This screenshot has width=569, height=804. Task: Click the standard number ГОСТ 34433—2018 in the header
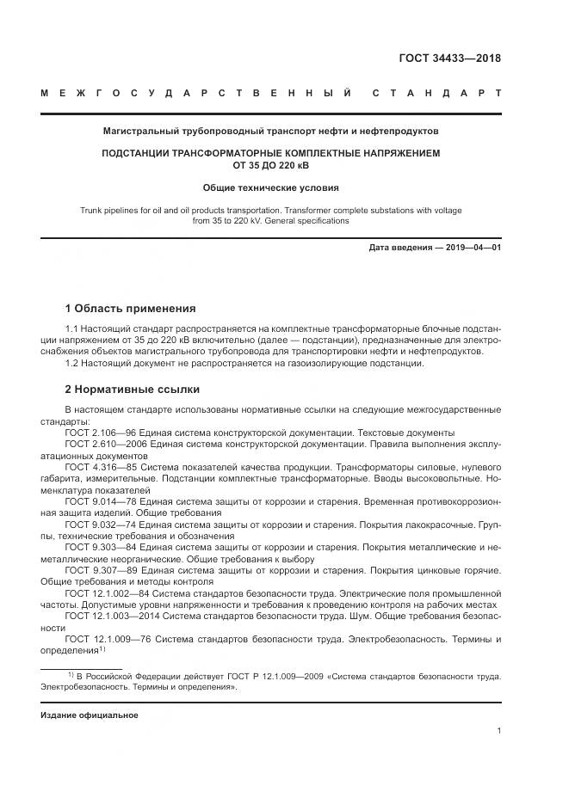449,58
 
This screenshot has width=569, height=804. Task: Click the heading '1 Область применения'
130,309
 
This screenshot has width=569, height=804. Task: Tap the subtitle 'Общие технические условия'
271,187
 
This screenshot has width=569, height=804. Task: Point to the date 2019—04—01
471,249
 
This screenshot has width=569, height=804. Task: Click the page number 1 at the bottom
499,731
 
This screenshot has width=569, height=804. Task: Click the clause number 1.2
72,363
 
